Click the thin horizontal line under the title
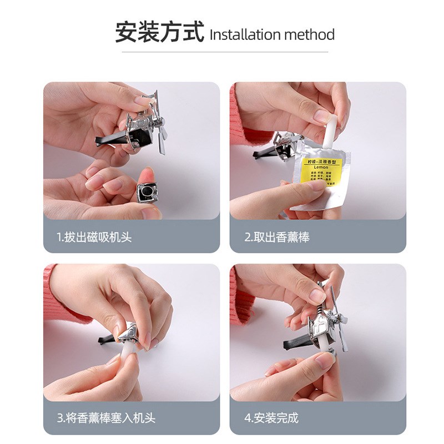tap(221, 52)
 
